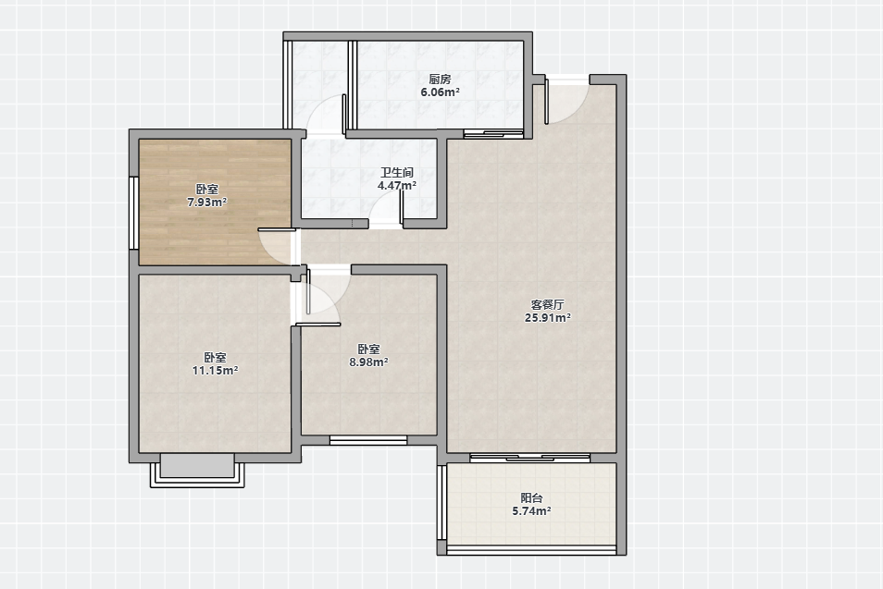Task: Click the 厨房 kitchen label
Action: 440,80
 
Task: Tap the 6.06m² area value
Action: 440,92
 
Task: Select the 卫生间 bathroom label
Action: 397,172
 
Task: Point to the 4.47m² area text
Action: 397,185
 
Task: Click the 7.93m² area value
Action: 207,202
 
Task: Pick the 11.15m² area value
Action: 215,371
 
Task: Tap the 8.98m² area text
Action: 369,362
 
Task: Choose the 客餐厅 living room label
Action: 547,305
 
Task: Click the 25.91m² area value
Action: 547,318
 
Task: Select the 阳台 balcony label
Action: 531,498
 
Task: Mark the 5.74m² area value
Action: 531,511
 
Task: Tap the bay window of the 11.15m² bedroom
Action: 197,471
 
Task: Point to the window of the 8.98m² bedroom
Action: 368,440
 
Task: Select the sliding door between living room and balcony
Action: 530,458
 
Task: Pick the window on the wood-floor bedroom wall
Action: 134,214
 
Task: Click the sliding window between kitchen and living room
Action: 493,134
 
